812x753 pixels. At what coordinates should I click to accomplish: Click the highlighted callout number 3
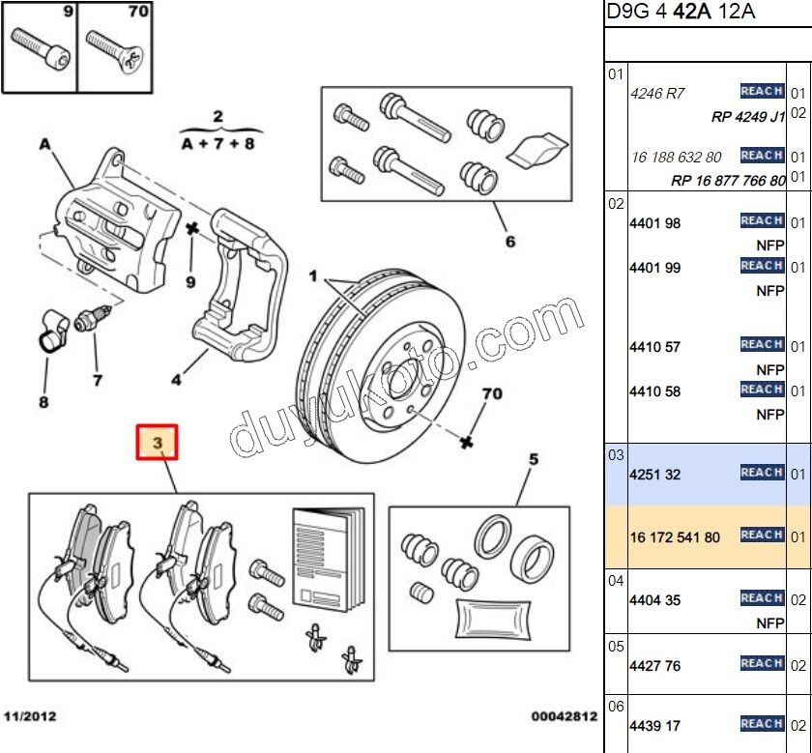point(161,444)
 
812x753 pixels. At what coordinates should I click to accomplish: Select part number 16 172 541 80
point(675,536)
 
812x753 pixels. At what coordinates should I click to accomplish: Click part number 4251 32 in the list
point(653,475)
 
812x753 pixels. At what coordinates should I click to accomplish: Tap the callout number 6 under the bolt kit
point(509,242)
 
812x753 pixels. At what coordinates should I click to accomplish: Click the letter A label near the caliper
point(44,145)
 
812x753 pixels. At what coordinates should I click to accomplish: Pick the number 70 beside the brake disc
point(492,394)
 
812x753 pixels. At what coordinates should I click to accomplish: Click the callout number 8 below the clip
point(43,401)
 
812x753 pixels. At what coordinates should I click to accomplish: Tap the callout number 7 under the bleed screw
point(97,380)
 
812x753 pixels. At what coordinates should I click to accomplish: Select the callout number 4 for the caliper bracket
point(176,380)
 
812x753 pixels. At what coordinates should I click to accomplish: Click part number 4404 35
point(654,600)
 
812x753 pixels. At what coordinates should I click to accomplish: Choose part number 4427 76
point(654,665)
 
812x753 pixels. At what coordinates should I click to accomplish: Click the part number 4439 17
point(654,725)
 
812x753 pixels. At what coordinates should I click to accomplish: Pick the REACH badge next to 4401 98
point(762,221)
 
